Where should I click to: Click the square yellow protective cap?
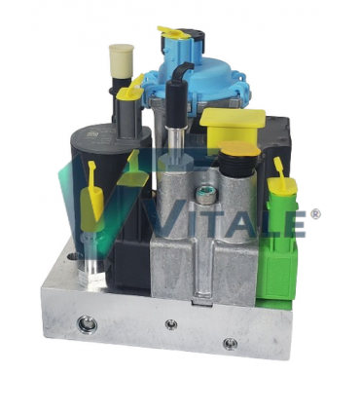point(233,128)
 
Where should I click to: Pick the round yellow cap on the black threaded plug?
point(238,152)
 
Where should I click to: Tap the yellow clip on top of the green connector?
point(280,175)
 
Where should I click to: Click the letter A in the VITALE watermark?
point(232,221)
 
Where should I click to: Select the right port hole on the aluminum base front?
point(230,343)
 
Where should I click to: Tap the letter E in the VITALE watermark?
point(292,221)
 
